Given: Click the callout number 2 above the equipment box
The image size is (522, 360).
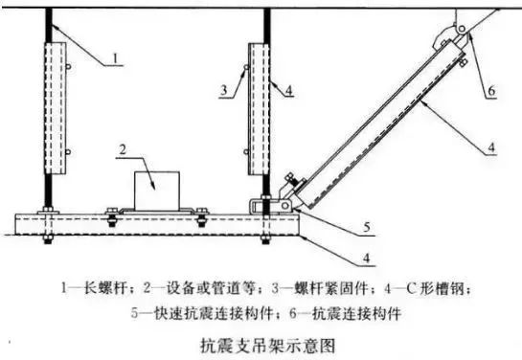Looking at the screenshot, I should point(122,150).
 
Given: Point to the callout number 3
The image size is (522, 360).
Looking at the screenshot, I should point(222,89).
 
